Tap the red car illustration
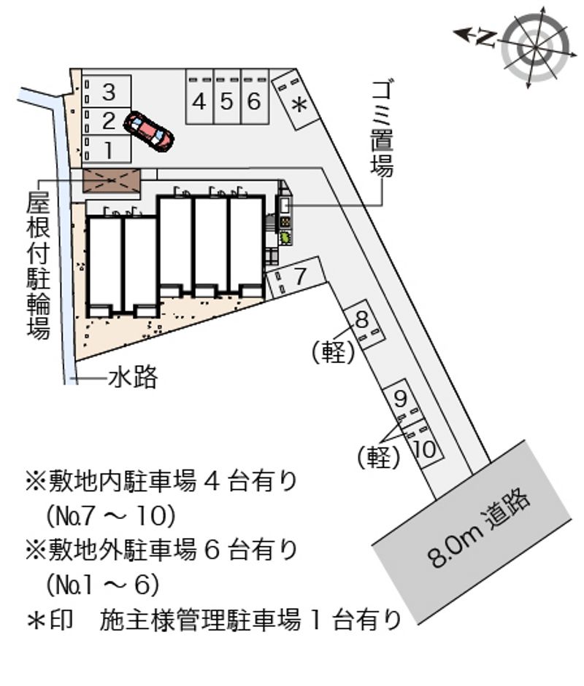coord(148,130)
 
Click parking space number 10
coord(424,446)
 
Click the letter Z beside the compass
coord(485,36)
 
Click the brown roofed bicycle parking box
coord(111,179)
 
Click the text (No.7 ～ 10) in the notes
coord(110,516)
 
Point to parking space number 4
coord(199,101)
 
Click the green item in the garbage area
coord(284,236)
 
